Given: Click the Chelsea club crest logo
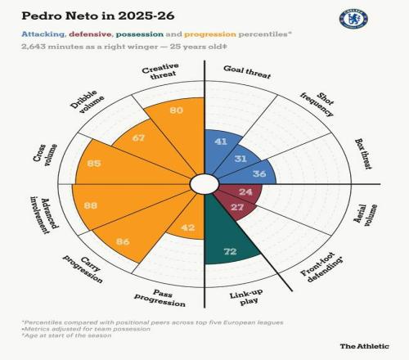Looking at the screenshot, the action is pyautogui.click(x=353, y=19).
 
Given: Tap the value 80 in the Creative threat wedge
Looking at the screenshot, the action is pyautogui.click(x=176, y=110).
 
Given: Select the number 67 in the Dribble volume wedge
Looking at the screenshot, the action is pyautogui.click(x=138, y=137).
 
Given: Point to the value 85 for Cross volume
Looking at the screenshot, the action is pyautogui.click(x=94, y=163).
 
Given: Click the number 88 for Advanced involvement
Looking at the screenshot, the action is pyautogui.click(x=91, y=205).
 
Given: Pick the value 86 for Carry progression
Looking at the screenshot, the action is pyautogui.click(x=123, y=241).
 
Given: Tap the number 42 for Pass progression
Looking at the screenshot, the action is pyautogui.click(x=188, y=227).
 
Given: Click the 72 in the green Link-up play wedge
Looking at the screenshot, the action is pyautogui.click(x=230, y=251).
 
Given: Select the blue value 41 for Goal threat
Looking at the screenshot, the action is pyautogui.click(x=221, y=142).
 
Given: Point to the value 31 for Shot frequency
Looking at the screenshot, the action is pyautogui.click(x=240, y=159).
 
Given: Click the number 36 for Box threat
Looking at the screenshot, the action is pyautogui.click(x=259, y=173).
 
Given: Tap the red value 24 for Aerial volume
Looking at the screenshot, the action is pyautogui.click(x=245, y=191).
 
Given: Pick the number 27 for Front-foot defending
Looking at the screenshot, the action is pyautogui.click(x=237, y=207).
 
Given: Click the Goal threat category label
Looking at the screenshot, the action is pyautogui.click(x=247, y=72).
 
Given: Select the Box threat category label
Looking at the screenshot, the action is pyautogui.click(x=363, y=154).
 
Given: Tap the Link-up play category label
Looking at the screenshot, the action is pyautogui.click(x=246, y=297).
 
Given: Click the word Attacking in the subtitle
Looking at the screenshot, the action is pyautogui.click(x=43, y=34).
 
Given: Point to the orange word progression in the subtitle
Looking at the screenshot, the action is pyautogui.click(x=210, y=34).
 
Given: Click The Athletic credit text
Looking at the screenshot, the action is pyautogui.click(x=364, y=346).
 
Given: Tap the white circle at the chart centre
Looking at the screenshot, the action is pyautogui.click(x=204, y=184).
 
